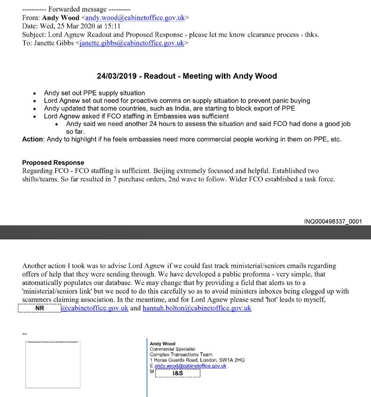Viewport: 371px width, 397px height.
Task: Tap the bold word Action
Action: point(33,139)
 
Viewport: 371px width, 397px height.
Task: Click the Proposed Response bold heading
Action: point(53,163)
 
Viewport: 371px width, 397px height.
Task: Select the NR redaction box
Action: point(39,309)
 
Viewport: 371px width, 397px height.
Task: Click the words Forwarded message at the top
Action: point(77,9)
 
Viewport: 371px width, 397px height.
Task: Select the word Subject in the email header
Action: point(34,35)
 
